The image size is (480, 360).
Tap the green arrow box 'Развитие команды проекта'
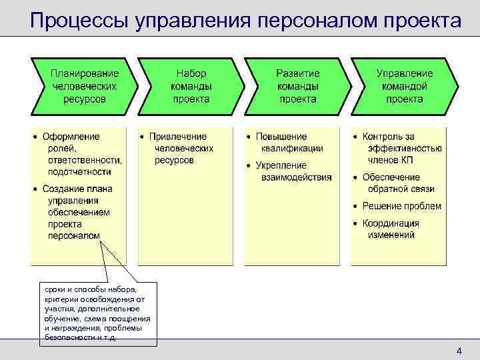point(298,85)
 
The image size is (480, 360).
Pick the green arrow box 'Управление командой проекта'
point(404,85)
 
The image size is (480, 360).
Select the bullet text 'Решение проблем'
point(401,206)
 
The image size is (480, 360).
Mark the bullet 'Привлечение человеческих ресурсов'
point(181,148)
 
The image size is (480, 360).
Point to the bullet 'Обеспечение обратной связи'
point(395,183)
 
